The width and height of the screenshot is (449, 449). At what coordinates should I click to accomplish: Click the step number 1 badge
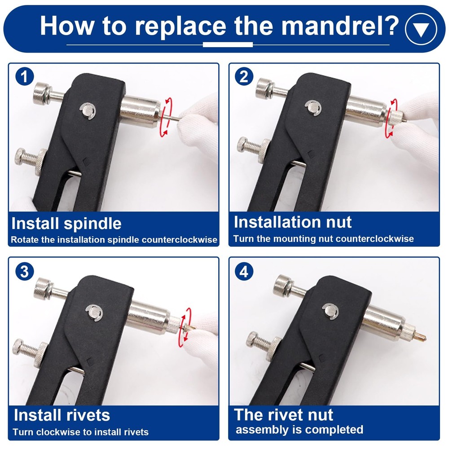click(25, 76)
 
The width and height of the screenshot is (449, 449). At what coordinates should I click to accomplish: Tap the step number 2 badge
click(244, 76)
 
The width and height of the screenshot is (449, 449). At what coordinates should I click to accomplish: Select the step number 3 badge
click(25, 271)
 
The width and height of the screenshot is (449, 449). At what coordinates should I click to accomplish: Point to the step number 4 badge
click(244, 271)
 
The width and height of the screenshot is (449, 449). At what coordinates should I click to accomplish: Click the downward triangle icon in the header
click(421, 29)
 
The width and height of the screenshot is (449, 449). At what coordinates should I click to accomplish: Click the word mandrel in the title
click(336, 26)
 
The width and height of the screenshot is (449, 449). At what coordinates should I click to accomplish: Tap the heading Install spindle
click(66, 223)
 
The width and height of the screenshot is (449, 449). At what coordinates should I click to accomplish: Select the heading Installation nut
click(293, 222)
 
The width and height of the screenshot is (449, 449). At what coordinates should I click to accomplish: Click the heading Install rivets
click(62, 415)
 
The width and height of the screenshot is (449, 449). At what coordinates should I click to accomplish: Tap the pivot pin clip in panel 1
click(88, 111)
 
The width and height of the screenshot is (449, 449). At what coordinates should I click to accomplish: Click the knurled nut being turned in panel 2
click(396, 118)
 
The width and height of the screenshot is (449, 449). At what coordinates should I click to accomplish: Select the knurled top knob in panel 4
click(282, 286)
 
